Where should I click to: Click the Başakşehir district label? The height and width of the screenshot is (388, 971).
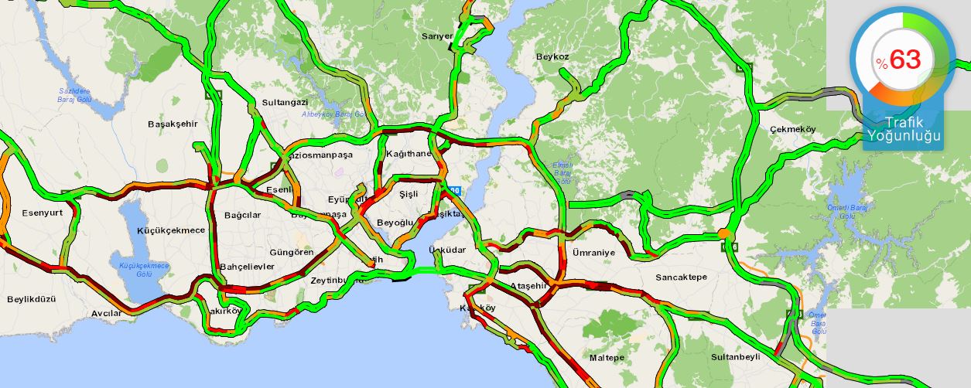[173, 124]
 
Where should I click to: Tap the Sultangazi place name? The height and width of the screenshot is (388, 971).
[285, 102]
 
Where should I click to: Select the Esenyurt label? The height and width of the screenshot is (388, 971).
[41, 213]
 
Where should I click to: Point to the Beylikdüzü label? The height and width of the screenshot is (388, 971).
[31, 298]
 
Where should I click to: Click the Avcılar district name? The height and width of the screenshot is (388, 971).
[106, 313]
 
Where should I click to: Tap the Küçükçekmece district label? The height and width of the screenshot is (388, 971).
[170, 230]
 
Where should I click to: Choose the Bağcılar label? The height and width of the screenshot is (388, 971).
[242, 215]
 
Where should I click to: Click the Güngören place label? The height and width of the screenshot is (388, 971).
[292, 252]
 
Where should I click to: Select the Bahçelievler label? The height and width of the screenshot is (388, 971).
[248, 267]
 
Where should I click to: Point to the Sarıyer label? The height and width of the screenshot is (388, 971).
[436, 36]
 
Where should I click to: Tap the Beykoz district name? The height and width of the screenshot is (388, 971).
[552, 56]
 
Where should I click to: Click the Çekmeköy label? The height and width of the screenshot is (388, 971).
[792, 129]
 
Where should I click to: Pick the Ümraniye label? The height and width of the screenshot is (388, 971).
[593, 253]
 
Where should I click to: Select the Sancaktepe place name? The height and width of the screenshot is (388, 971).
[681, 277]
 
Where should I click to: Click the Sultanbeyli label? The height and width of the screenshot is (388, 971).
[735, 357]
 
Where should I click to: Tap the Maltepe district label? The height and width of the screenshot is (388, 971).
[607, 358]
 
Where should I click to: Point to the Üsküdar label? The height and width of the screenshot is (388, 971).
[449, 250]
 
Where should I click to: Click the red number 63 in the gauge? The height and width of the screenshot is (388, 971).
[904, 60]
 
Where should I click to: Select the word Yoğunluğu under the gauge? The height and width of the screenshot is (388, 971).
[904, 136]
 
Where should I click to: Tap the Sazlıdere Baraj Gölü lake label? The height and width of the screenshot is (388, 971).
[75, 95]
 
